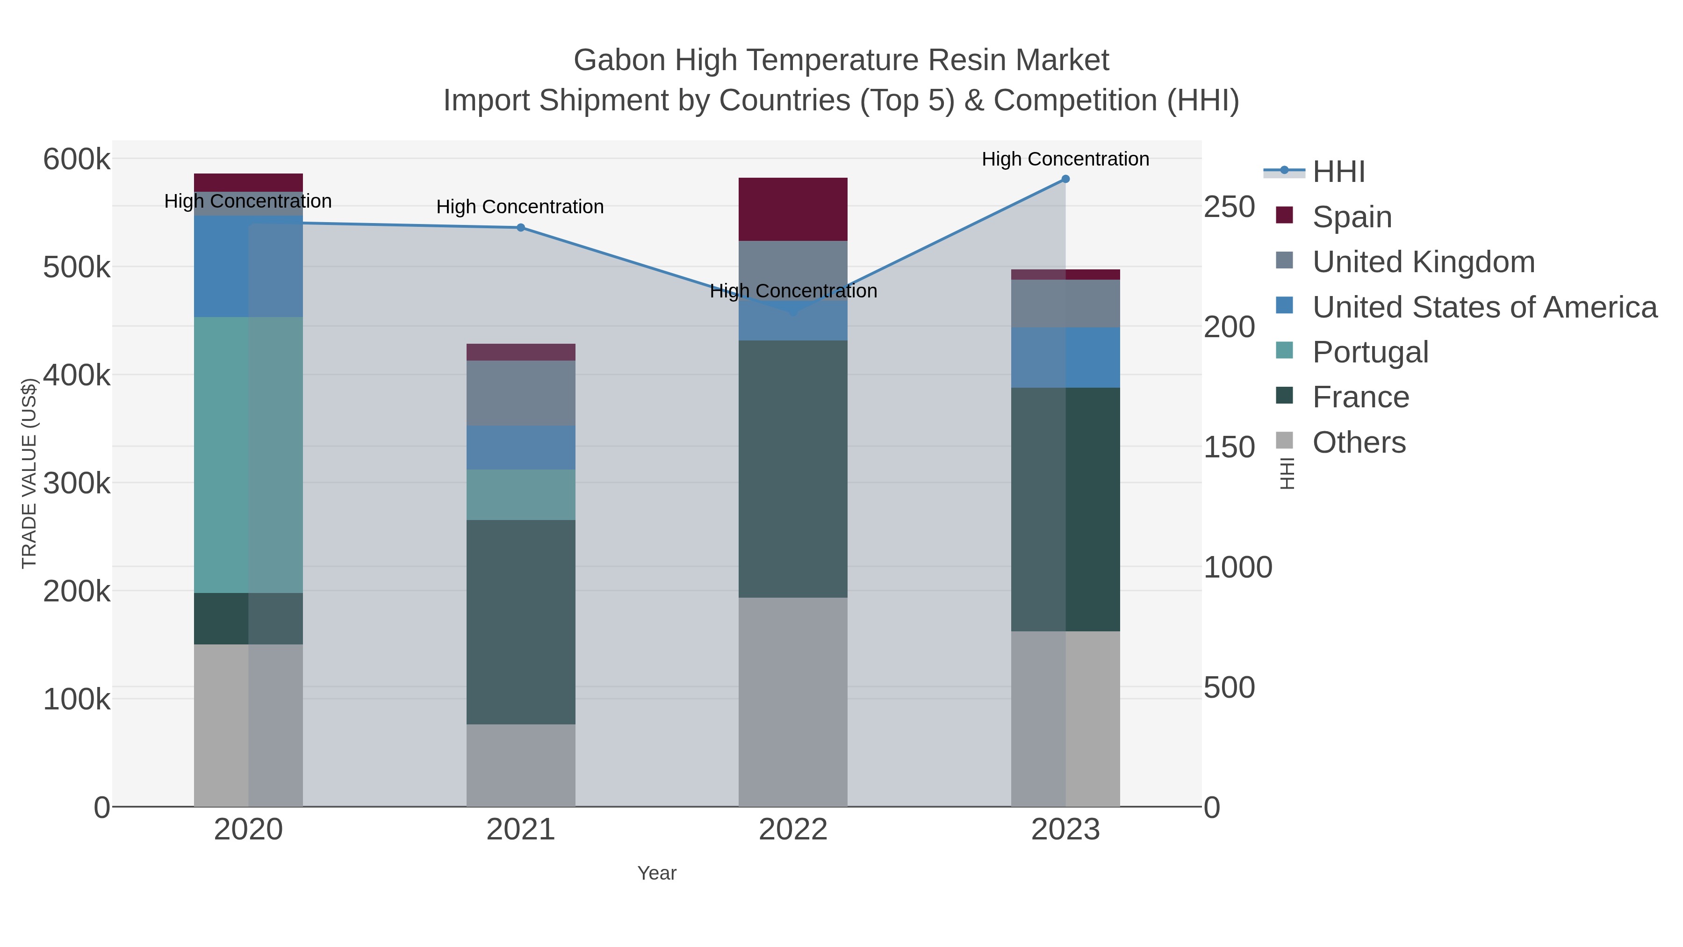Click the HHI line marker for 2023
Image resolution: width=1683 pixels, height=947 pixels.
pos(1065,179)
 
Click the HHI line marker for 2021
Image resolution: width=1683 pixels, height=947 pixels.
pos(521,227)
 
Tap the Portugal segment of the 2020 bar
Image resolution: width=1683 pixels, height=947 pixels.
pos(248,455)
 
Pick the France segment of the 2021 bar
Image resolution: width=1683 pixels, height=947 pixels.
pos(521,622)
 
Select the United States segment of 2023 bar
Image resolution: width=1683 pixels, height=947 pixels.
pos(1065,357)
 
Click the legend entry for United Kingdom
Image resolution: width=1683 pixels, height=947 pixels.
pos(1423,262)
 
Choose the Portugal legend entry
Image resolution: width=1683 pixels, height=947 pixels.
pos(1370,352)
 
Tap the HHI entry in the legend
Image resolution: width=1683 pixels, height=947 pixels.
pos(1338,172)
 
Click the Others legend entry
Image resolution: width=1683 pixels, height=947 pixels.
pos(1358,442)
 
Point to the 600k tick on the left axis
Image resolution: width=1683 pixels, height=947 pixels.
pos(77,159)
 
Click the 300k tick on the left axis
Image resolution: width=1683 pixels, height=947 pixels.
pos(77,484)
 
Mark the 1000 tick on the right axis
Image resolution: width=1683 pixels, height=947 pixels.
pos(1237,567)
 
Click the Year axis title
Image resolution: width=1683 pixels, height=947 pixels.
pos(657,873)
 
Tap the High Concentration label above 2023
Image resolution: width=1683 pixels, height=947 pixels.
pos(1065,159)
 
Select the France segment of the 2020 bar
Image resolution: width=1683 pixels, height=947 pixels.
pos(248,618)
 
